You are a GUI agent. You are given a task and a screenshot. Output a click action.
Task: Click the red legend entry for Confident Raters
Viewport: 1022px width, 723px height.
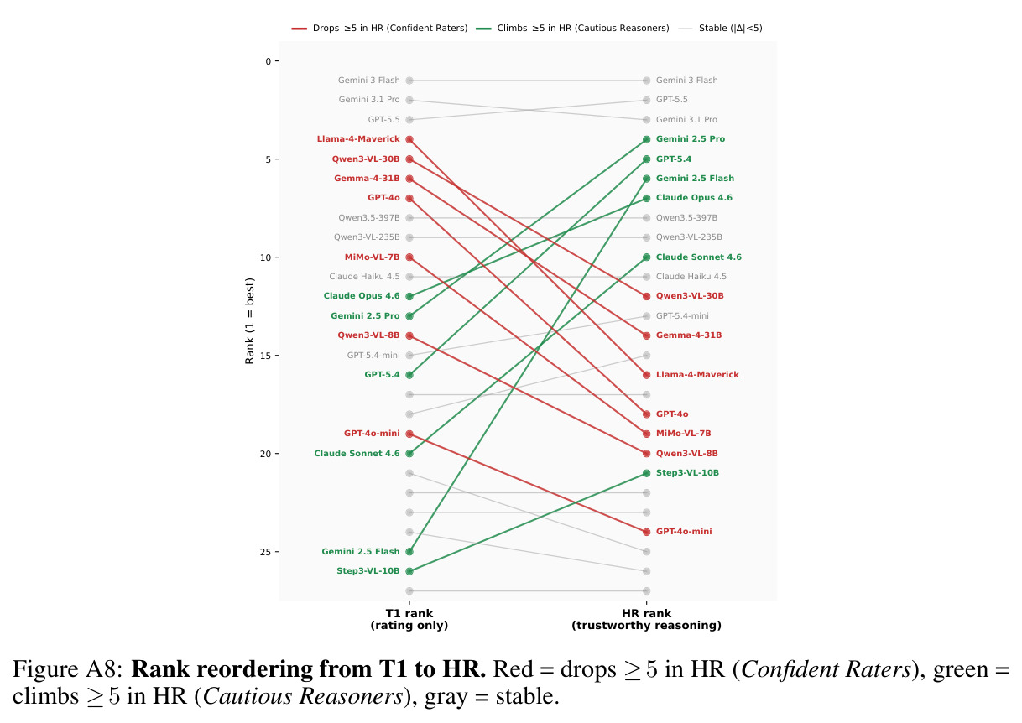[379, 29]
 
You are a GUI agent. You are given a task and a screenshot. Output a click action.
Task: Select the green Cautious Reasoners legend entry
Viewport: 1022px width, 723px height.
[572, 29]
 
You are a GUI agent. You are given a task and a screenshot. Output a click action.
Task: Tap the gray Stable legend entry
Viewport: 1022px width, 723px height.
[720, 29]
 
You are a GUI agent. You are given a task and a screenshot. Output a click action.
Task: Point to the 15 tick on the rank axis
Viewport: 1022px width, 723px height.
[277, 356]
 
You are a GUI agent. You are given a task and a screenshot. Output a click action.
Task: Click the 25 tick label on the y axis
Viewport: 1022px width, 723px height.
[265, 552]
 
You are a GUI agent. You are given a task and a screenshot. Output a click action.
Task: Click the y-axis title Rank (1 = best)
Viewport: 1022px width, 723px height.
[249, 321]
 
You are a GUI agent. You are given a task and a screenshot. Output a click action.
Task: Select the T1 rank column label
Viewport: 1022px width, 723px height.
[409, 619]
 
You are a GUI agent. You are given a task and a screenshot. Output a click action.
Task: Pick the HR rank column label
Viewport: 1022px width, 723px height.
[646, 619]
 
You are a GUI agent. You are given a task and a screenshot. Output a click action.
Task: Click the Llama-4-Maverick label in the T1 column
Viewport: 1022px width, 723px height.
[358, 139]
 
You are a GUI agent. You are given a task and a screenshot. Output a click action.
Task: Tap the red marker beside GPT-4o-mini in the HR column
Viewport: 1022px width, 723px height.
[646, 532]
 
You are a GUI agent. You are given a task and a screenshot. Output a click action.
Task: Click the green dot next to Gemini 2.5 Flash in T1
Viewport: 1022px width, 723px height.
[409, 552]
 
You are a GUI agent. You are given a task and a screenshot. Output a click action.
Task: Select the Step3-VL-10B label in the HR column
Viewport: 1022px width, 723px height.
[687, 473]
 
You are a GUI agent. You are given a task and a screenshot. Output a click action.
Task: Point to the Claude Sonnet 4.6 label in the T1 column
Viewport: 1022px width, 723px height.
[357, 454]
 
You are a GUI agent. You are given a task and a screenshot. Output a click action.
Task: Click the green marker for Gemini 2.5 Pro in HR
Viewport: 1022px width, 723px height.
[646, 139]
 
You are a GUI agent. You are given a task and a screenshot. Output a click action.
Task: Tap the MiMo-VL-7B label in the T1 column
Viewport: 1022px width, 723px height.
[372, 257]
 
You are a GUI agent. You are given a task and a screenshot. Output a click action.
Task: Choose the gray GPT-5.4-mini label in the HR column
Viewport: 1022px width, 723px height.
[682, 316]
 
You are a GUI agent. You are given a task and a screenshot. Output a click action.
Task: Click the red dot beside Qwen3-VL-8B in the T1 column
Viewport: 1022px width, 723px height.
[409, 335]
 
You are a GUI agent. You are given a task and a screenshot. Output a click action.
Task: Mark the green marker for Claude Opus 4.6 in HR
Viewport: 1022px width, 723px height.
[646, 198]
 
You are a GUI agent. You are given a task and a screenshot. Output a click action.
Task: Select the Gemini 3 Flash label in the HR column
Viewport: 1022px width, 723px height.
[687, 81]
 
